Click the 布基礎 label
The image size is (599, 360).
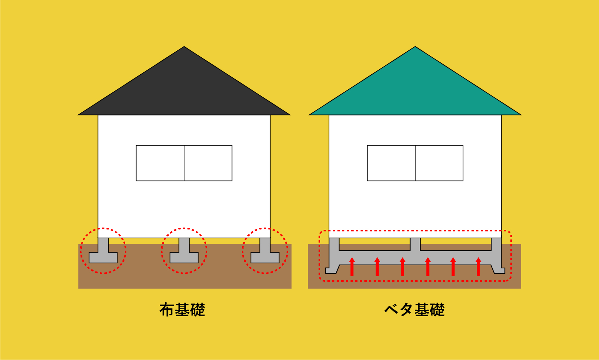(x=182, y=310)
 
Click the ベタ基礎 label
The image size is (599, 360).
(x=414, y=310)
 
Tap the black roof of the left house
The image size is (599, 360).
(x=184, y=88)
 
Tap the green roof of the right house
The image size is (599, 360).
(x=415, y=88)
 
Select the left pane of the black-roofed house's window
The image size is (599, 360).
(x=160, y=163)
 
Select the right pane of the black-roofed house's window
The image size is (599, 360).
(x=208, y=163)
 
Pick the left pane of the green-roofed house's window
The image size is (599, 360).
(x=391, y=163)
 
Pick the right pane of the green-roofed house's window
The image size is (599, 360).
(x=439, y=163)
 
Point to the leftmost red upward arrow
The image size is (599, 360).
(x=352, y=267)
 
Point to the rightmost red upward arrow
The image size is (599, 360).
(x=478, y=267)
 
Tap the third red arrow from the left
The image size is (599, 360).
(x=403, y=267)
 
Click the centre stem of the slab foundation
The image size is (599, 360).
(x=415, y=244)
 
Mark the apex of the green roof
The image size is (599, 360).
(x=415, y=47)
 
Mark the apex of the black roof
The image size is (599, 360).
(x=184, y=47)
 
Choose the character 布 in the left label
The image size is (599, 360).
(x=167, y=310)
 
